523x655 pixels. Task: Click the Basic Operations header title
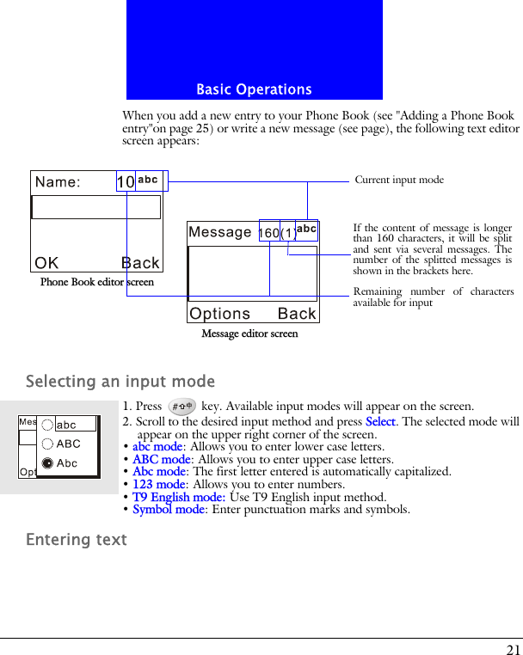254,89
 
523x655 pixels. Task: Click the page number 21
513,650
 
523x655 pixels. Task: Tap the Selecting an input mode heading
120,381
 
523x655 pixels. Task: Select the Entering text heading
77,539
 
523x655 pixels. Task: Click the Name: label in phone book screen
58,181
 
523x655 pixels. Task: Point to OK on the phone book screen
47,262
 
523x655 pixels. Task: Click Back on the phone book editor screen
139,262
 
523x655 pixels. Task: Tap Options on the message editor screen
220,314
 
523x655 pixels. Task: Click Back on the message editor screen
297,314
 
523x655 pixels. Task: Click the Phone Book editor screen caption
97,282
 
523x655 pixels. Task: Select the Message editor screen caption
249,334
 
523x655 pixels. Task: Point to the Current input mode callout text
399,180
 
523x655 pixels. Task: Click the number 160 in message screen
268,233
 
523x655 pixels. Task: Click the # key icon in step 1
181,407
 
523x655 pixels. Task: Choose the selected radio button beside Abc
47,463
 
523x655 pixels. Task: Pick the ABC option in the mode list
68,444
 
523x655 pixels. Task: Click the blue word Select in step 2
380,421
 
